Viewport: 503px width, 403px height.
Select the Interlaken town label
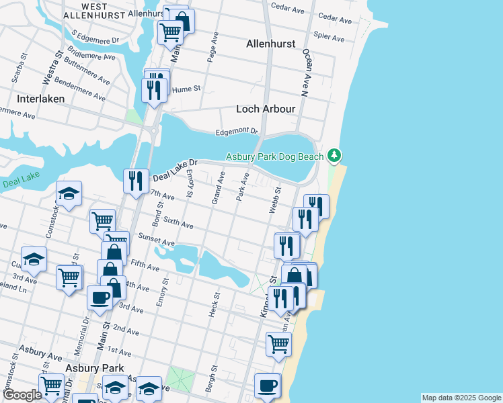click(40, 98)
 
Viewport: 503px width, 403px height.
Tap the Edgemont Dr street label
click(237, 132)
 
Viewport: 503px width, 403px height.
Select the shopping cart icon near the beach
click(278, 344)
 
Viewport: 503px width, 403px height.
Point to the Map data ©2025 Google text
click(461, 398)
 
